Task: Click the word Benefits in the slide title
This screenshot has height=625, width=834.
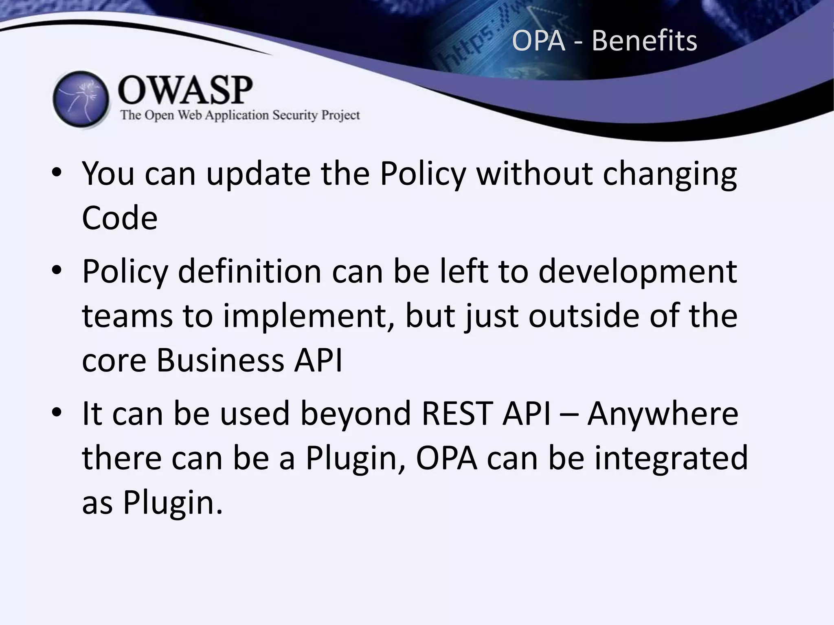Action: (644, 41)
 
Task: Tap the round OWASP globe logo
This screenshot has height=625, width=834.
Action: (81, 100)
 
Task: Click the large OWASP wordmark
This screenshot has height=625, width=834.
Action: (185, 90)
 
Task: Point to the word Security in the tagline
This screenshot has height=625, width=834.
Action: (295, 115)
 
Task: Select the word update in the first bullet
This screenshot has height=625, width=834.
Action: (258, 174)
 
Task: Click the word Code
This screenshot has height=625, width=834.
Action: (120, 218)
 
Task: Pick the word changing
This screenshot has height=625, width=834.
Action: (669, 174)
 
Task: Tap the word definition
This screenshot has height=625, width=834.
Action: (250, 271)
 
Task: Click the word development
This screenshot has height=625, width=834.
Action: (638, 271)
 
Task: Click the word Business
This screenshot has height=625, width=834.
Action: (220, 360)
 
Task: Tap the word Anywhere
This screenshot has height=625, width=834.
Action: (663, 413)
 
